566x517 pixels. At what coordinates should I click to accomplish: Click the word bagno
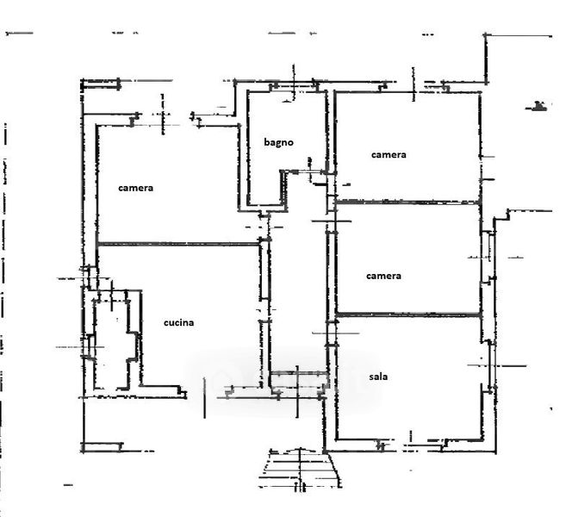pos(278,141)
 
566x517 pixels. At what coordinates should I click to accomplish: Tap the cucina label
pos(178,323)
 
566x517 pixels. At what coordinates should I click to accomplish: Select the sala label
pos(376,377)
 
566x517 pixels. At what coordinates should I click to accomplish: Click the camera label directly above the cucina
pos(136,188)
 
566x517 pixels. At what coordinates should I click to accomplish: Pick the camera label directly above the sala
pos(383,276)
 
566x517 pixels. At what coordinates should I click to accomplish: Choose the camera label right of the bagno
pos(388,155)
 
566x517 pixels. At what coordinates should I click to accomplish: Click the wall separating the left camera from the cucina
pos(177,244)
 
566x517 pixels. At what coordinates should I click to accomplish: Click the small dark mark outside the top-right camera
pos(538,107)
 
